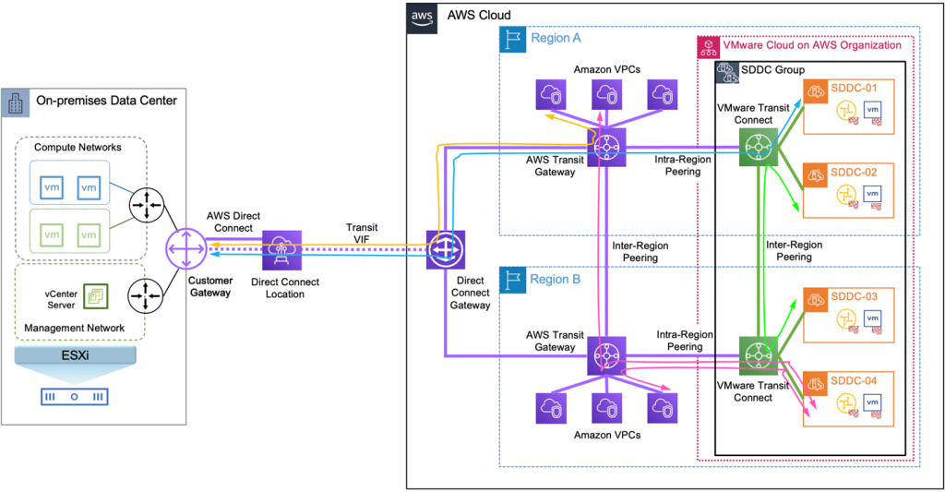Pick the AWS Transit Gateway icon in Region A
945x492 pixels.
[606, 146]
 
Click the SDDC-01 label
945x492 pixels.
[855, 88]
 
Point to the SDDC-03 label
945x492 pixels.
[855, 296]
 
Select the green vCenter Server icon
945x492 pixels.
[94, 295]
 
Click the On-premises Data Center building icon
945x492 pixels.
[15, 102]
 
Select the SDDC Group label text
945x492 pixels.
[773, 70]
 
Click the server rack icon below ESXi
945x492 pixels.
[74, 398]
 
